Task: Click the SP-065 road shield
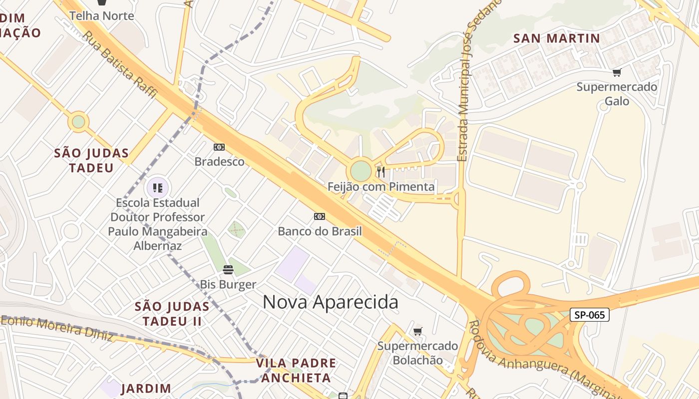pos(590,315)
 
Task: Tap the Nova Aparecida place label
pos(330,302)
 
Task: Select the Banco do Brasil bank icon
pos(320,216)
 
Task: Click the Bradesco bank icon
pos(219,147)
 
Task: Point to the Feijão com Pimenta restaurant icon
pos(381,172)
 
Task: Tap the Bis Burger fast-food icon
pos(228,270)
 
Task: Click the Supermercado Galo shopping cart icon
pos(617,73)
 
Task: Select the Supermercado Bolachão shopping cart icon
pos(418,331)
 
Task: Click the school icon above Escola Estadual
pos(158,188)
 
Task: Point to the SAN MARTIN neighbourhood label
pos(556,38)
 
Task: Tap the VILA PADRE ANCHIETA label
pos(296,370)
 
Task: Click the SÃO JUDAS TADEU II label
pos(172,313)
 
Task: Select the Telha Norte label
pos(102,16)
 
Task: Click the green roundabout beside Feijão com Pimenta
pos(361,171)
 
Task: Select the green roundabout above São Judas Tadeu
pos(78,122)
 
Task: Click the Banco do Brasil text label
pos(320,231)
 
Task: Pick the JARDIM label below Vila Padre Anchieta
pos(146,388)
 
